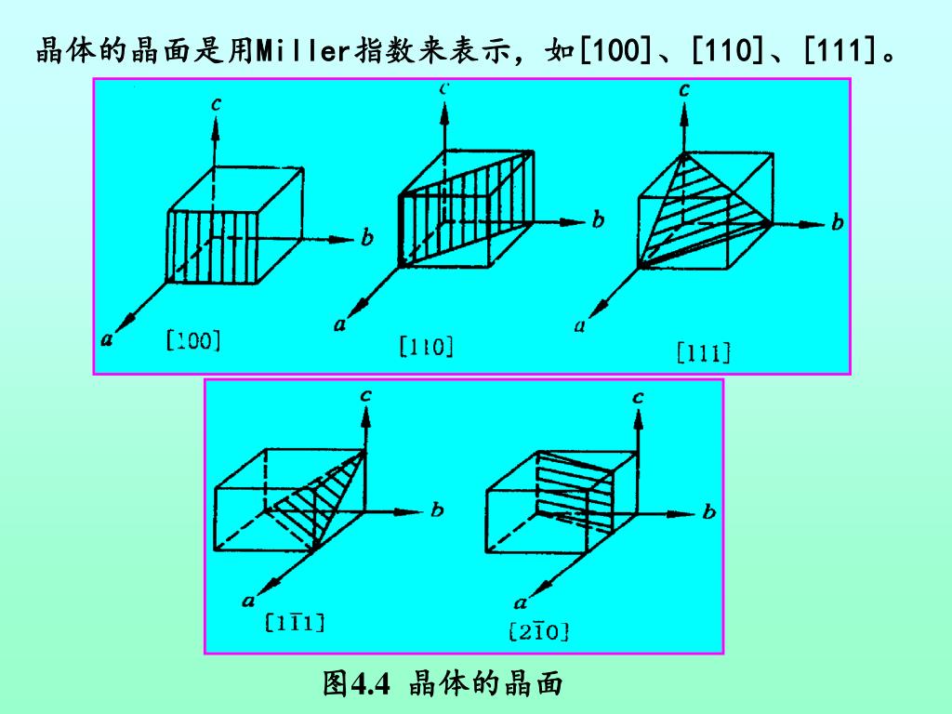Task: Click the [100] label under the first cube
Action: point(192,340)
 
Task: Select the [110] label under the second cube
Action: point(426,348)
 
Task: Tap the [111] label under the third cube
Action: point(703,352)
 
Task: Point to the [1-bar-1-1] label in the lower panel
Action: point(295,623)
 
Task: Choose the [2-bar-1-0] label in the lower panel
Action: point(538,632)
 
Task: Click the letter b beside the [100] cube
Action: point(367,239)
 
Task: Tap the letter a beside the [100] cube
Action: point(108,339)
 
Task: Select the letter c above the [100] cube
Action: point(216,104)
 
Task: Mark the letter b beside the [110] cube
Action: point(598,220)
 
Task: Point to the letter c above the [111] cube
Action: point(684,90)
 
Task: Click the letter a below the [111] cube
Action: point(580,325)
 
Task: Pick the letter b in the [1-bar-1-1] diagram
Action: point(437,509)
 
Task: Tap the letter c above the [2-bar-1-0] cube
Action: point(638,397)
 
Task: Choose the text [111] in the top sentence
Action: point(843,49)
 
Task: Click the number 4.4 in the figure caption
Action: point(369,685)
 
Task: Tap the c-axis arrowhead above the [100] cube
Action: point(216,127)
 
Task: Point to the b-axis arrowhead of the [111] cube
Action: point(814,223)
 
